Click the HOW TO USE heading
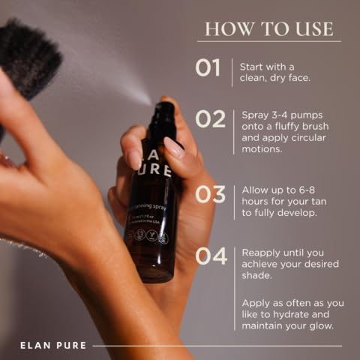268,29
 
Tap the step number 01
208,67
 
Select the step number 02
210,118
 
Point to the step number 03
210,193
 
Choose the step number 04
210,256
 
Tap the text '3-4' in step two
279,115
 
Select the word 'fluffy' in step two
286,127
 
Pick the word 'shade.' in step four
257,276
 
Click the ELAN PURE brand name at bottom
53,346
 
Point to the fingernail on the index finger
174,148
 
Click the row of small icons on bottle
146,236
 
